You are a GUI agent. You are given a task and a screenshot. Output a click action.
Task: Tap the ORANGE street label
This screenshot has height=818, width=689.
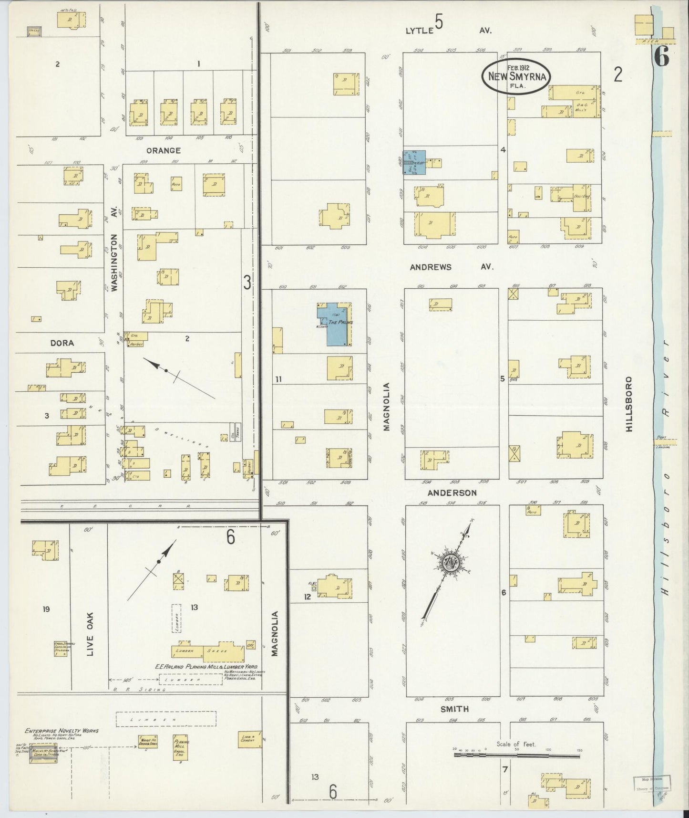coord(163,150)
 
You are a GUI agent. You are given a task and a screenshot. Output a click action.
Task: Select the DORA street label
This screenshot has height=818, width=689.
coord(62,343)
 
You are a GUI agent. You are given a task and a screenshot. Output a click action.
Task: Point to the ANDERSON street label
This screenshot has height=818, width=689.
coord(452,493)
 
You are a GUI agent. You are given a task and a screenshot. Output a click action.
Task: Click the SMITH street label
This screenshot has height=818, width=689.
coord(454,709)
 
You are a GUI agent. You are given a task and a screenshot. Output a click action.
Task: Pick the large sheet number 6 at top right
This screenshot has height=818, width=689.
coord(661,58)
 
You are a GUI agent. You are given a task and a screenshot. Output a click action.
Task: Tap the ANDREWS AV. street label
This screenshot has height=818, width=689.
coord(451,267)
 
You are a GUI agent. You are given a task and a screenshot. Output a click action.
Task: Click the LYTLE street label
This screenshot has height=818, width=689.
coord(419,31)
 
